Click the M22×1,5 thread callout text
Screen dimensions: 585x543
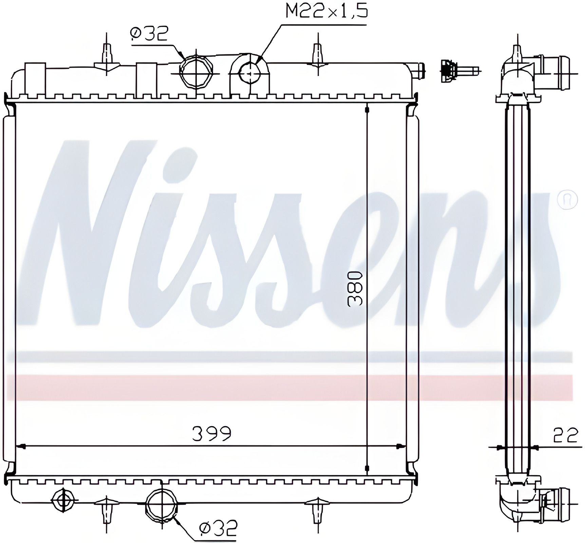[x=327, y=11]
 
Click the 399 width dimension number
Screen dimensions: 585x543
[x=211, y=433]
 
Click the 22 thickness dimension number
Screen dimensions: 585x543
[x=565, y=435]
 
